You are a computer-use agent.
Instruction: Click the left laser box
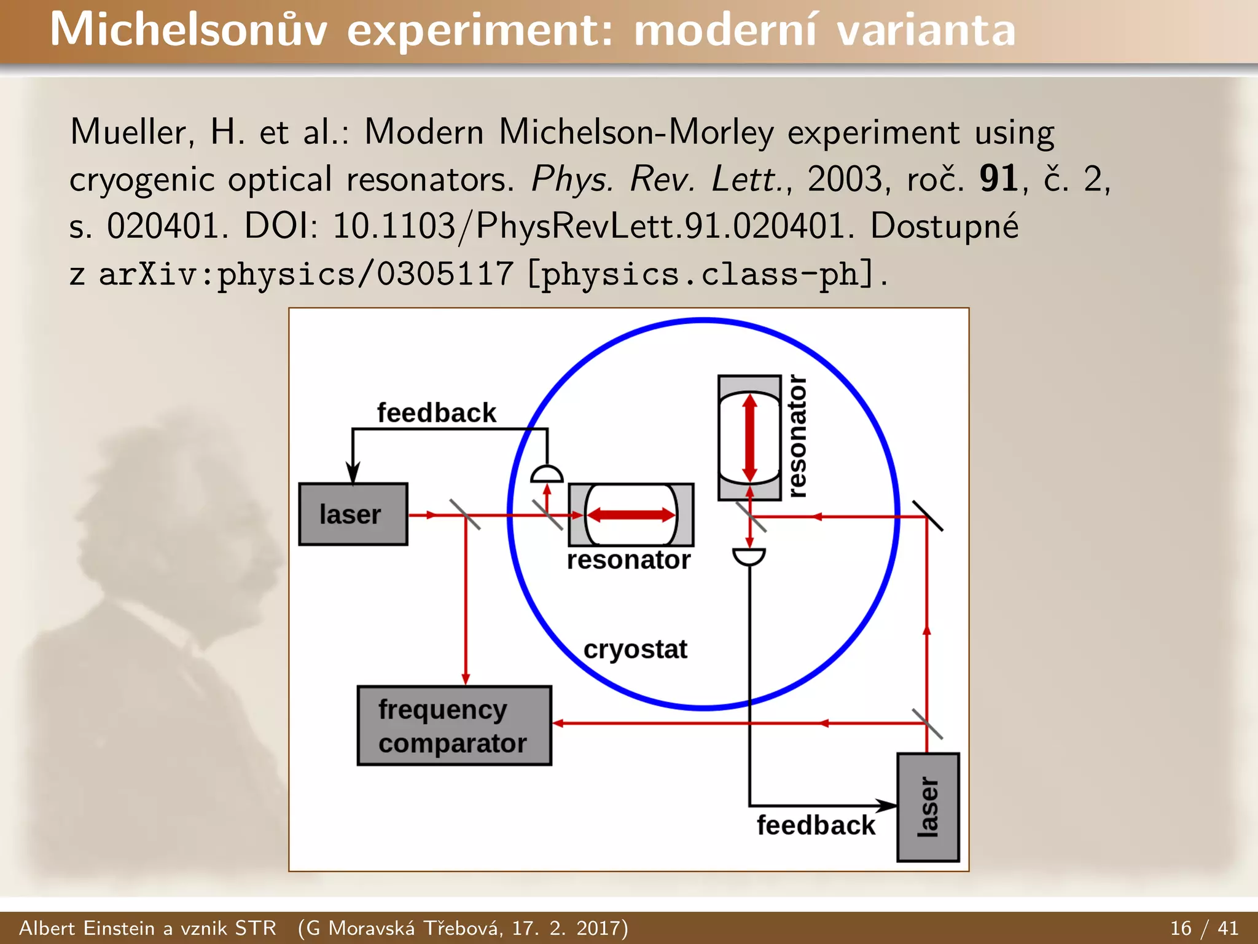point(353,514)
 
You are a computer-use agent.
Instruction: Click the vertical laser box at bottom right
point(928,807)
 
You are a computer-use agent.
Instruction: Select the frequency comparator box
point(454,726)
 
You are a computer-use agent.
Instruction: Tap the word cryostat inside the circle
point(635,650)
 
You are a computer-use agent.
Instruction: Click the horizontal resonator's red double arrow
point(631,515)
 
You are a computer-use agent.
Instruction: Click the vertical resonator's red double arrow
point(749,438)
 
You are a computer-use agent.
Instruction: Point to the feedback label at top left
point(436,413)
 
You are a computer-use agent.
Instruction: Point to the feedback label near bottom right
point(816,825)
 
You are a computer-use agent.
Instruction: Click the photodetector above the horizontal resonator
point(546,474)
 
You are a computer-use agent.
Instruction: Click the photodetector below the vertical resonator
point(749,556)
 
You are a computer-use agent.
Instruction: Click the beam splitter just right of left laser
point(465,515)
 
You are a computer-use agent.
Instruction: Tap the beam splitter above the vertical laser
point(927,724)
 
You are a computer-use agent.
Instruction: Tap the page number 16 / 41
point(1204,928)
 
